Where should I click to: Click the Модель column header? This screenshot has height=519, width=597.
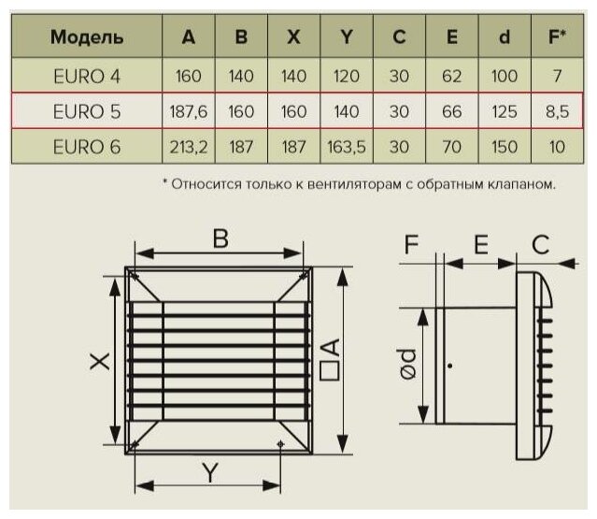click(86, 37)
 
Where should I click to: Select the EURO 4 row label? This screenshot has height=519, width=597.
click(86, 73)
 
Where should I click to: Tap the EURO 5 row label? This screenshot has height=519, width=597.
click(86, 110)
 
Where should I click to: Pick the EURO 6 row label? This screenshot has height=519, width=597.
click(86, 147)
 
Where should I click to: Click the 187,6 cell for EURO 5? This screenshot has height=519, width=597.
click(189, 110)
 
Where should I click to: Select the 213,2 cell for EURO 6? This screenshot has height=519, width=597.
click(189, 147)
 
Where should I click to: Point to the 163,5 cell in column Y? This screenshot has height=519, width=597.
click(347, 147)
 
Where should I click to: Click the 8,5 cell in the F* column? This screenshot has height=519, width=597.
click(558, 110)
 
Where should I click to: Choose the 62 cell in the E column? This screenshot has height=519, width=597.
click(452, 73)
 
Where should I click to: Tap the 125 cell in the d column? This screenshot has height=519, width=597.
click(505, 110)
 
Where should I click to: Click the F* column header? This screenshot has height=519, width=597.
click(558, 37)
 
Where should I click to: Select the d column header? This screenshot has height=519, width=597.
click(505, 37)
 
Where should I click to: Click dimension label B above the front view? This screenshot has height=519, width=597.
click(220, 239)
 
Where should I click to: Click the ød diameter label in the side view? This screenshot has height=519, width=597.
click(408, 364)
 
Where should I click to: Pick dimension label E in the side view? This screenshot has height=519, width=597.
click(481, 245)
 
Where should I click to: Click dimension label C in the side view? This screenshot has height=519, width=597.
click(539, 245)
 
